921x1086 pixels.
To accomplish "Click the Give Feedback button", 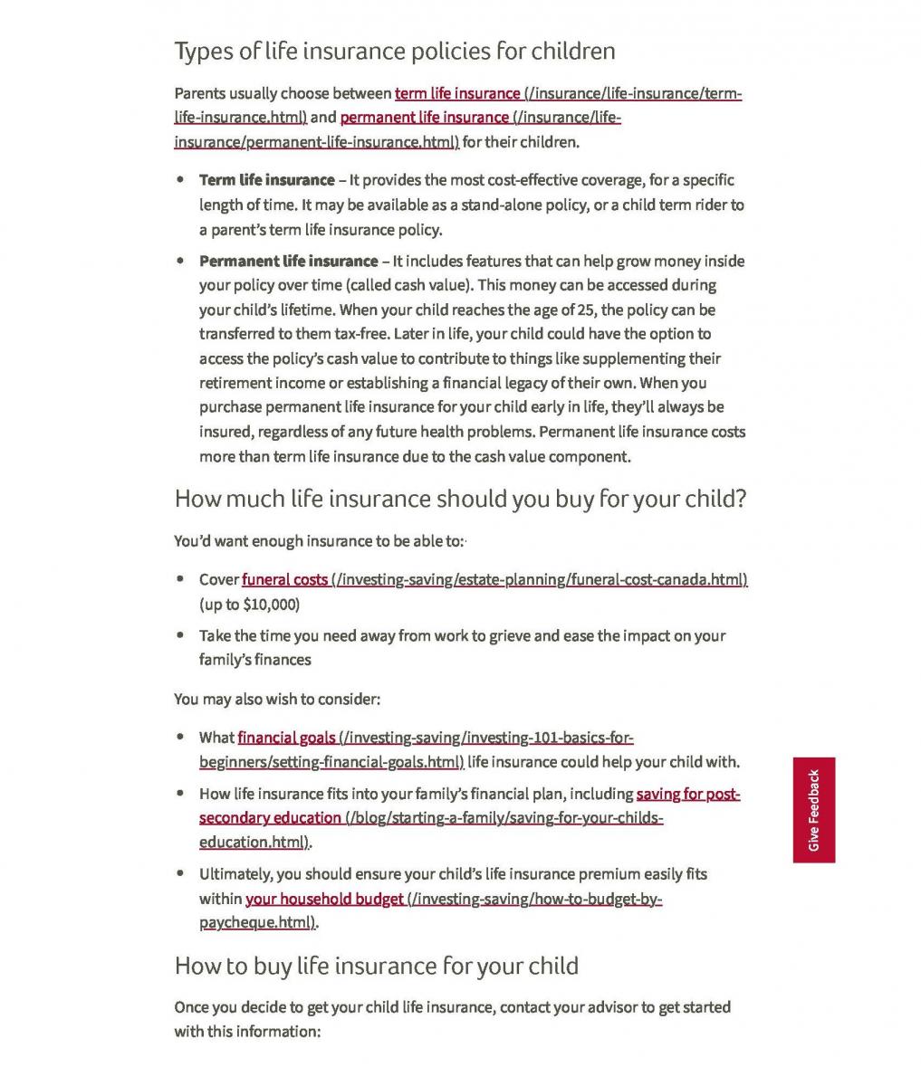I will point(813,810).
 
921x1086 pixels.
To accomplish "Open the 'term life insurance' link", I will point(457,93).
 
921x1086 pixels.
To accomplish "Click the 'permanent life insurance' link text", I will point(424,118).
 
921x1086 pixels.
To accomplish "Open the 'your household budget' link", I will point(324,899).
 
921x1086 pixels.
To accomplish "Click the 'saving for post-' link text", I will point(688,794).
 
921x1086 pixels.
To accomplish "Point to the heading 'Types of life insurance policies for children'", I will point(394,51).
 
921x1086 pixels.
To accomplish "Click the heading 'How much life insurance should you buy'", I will point(459,499).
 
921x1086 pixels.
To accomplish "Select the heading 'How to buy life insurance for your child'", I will point(376,966).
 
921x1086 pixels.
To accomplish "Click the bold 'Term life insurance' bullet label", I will point(266,180).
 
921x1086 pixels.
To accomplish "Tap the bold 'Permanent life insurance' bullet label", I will point(288,262).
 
